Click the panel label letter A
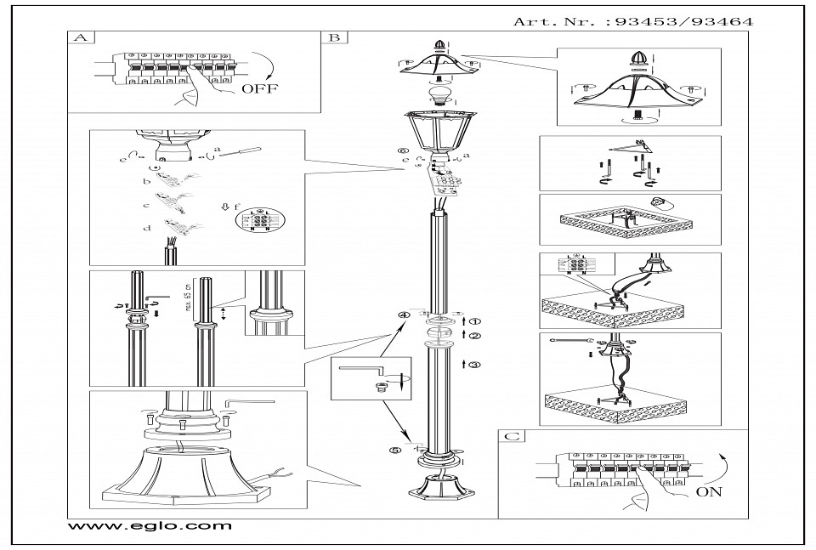[81, 38]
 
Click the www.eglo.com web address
[149, 526]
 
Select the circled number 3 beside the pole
[475, 364]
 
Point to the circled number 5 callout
[394, 451]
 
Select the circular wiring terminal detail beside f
[256, 219]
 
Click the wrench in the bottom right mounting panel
[567, 340]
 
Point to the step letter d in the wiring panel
[146, 228]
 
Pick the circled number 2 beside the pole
[475, 335]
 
